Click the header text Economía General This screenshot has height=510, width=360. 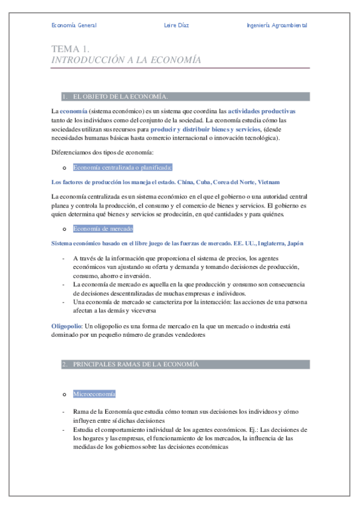pyautogui.click(x=74, y=25)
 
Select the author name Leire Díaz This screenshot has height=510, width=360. pyautogui.click(x=176, y=25)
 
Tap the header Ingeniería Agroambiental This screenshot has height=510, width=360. pyautogui.click(x=276, y=25)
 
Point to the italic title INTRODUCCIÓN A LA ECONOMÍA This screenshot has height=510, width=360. pyautogui.click(x=126, y=60)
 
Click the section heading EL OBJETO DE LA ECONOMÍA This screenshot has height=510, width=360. pyautogui.click(x=120, y=96)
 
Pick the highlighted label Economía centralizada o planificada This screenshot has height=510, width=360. pyautogui.click(x=123, y=167)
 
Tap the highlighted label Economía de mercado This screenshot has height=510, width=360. pyautogui.click(x=103, y=229)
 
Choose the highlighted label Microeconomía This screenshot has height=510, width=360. pyautogui.click(x=94, y=394)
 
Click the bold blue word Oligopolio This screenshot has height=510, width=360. pyautogui.click(x=66, y=326)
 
